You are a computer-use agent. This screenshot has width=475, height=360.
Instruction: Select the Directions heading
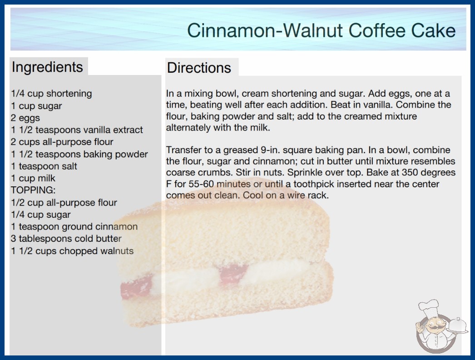point(199,68)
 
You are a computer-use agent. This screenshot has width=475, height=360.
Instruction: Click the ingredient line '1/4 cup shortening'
point(51,94)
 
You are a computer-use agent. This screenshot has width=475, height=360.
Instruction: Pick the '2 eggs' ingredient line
point(25,118)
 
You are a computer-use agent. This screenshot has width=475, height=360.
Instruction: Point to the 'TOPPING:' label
point(33,190)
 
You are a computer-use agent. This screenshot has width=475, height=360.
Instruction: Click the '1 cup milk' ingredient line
point(33,178)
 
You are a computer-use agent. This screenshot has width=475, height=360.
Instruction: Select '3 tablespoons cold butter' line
point(66,239)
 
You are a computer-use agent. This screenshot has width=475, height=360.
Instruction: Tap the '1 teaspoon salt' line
point(44,166)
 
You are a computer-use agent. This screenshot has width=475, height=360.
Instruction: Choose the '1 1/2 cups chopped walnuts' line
point(72,251)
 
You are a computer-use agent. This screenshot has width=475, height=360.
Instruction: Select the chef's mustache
point(434,328)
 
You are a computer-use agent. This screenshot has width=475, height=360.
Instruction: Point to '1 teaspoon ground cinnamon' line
point(74,226)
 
